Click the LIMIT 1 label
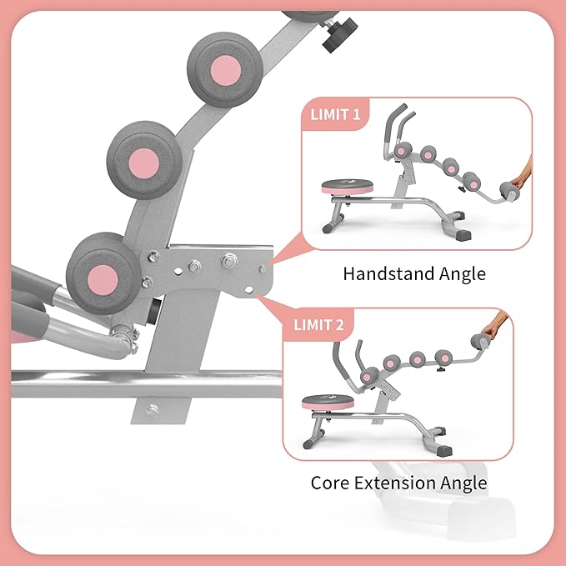click(336, 114)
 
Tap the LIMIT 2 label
click(318, 325)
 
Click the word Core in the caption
click(328, 483)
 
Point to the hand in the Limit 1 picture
click(523, 176)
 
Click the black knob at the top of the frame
click(338, 34)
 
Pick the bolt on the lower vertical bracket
click(151, 410)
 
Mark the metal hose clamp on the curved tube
click(124, 337)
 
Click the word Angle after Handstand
click(461, 273)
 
